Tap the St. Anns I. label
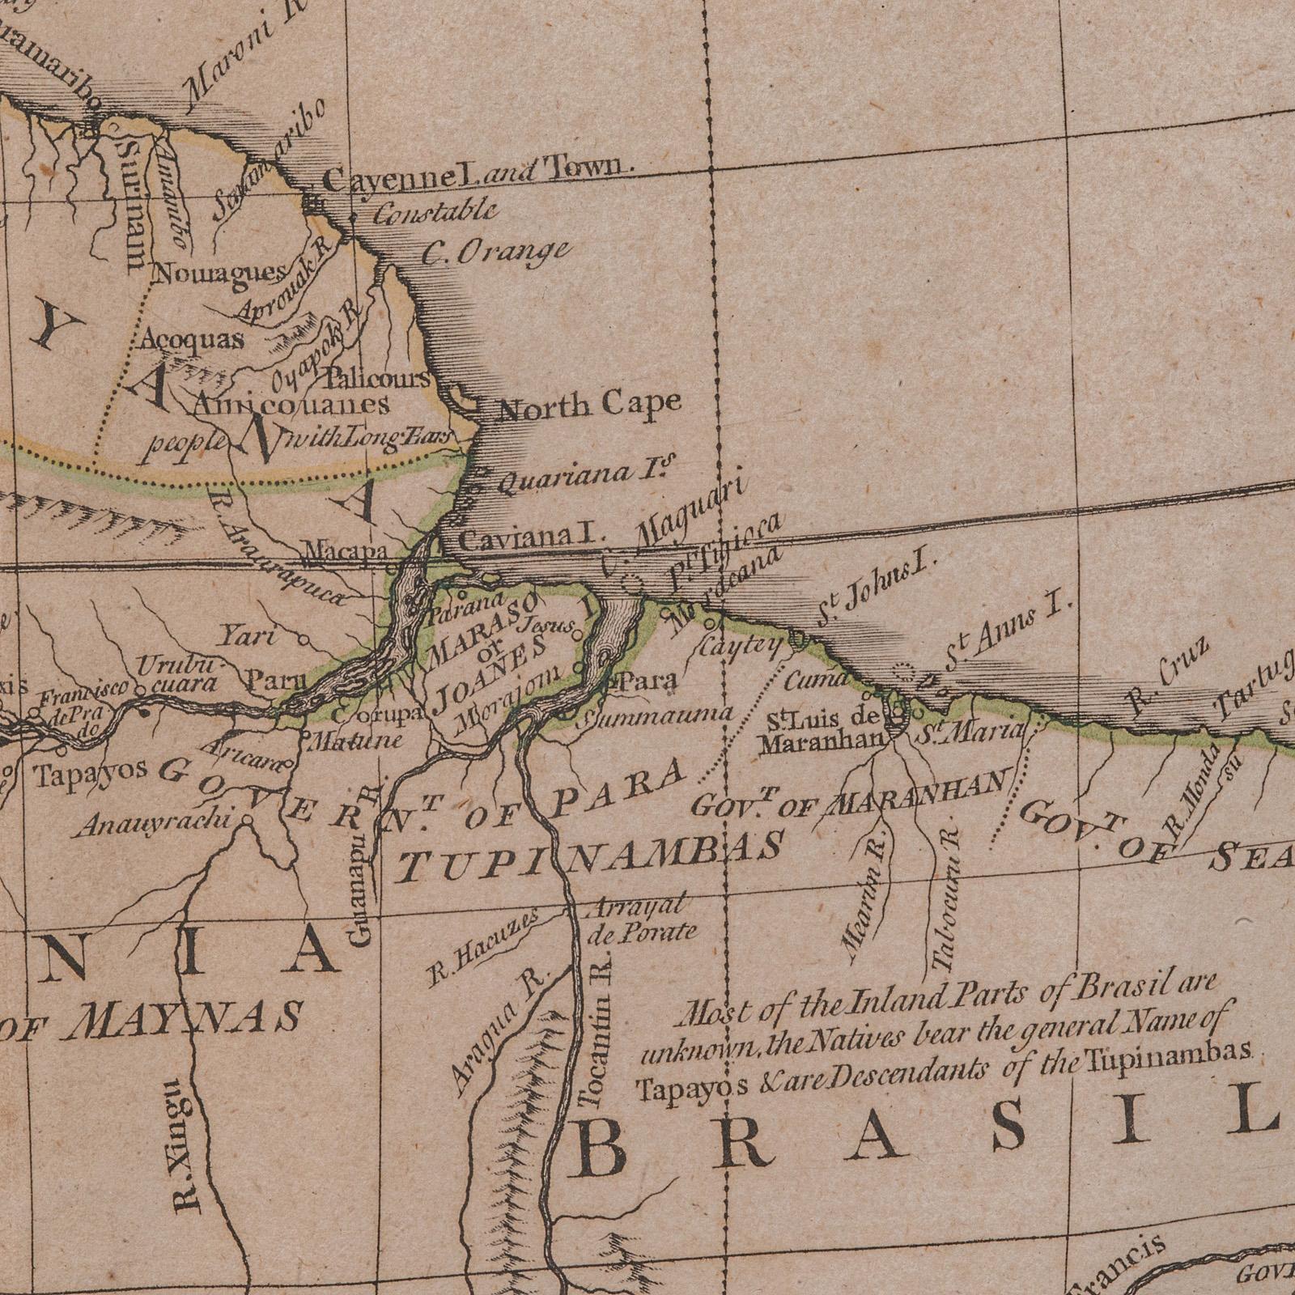pyautogui.click(x=1008, y=635)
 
